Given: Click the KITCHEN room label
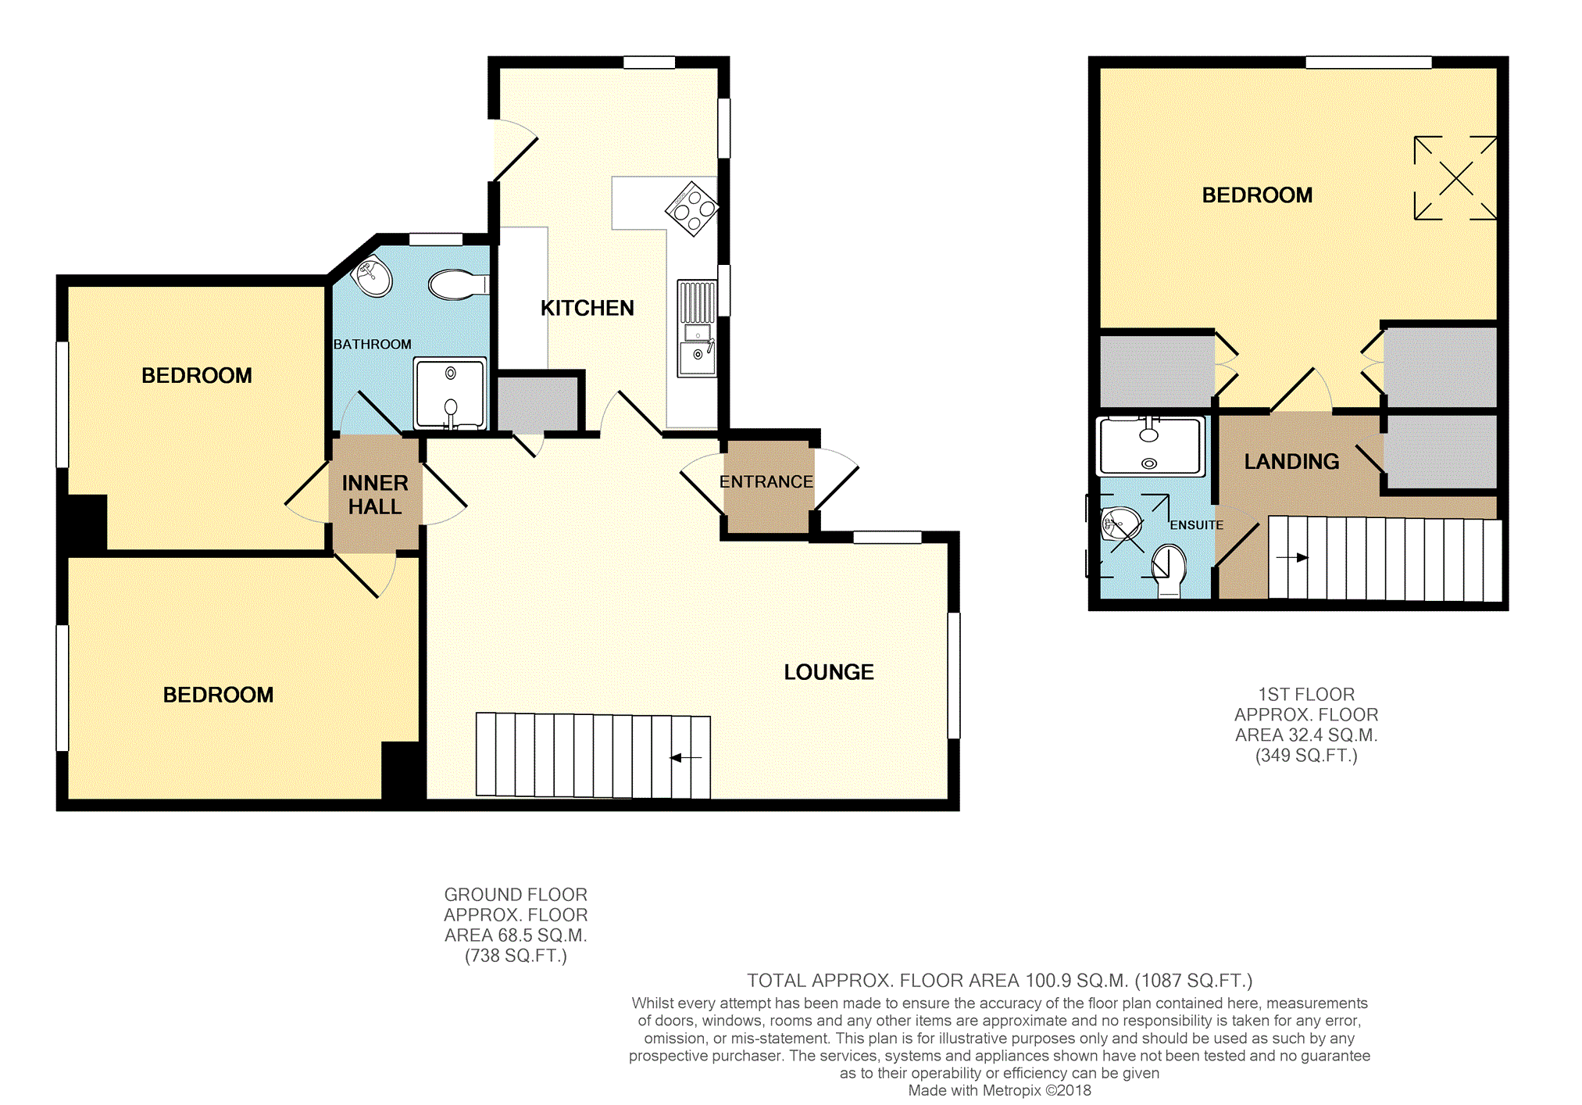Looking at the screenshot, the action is (587, 308).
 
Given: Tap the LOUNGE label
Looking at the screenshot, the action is (829, 672).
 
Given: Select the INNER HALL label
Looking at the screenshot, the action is (375, 495).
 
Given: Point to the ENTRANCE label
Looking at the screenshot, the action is (766, 482).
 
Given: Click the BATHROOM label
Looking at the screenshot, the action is (372, 345).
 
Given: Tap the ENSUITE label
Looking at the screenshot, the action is (1196, 525).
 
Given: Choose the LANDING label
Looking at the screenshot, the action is (1291, 462).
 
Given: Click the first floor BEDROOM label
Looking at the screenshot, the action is (1257, 195).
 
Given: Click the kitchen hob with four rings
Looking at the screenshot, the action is (692, 209).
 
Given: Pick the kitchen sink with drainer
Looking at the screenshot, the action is (697, 328).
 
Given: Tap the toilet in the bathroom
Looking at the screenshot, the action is (459, 285).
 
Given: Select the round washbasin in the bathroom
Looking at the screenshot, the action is (373, 275).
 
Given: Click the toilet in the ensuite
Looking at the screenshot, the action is (1169, 570).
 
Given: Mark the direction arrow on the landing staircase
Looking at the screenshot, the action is (1292, 557).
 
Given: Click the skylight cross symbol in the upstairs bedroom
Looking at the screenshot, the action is (1455, 178).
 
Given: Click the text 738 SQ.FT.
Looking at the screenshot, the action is (516, 956).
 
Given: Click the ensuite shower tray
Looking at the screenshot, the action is (1149, 446).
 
